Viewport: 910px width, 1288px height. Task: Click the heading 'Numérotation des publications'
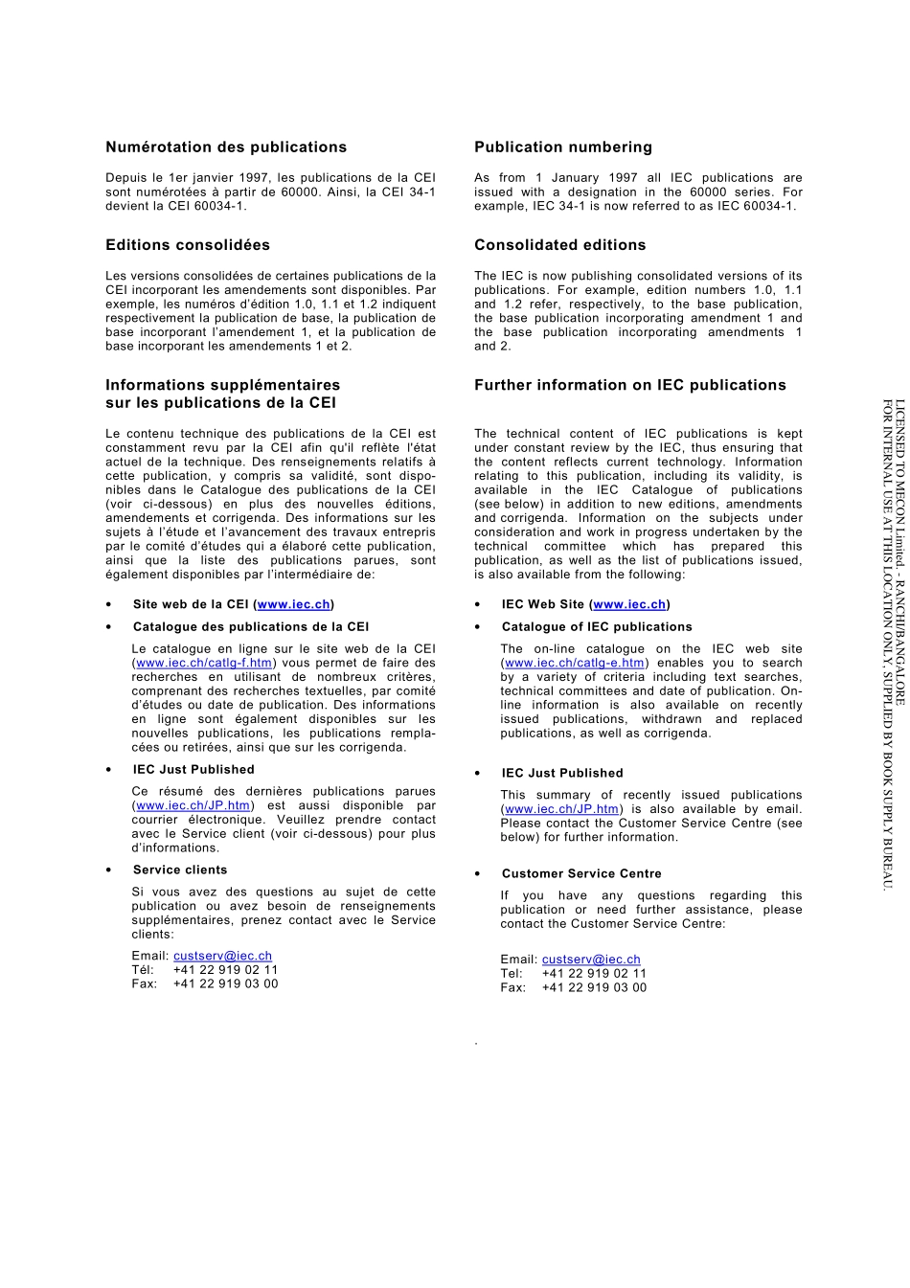tap(226, 147)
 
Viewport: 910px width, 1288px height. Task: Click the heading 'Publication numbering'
tap(563, 147)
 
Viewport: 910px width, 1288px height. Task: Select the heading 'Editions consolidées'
tap(188, 245)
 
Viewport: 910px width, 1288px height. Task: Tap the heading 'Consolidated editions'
tap(560, 245)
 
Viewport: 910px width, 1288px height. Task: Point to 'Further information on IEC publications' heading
tap(630, 385)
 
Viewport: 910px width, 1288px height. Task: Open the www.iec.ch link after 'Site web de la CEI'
tap(294, 604)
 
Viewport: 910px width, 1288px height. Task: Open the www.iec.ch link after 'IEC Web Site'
tap(629, 604)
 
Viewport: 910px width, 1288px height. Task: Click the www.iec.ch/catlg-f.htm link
tap(204, 663)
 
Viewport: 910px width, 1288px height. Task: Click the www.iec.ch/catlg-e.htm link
tap(574, 663)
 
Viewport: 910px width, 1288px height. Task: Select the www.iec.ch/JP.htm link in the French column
tap(193, 805)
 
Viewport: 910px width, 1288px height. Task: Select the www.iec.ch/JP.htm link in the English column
tap(561, 809)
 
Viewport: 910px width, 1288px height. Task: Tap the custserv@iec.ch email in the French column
tap(222, 956)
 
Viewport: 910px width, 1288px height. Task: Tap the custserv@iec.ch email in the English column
tap(591, 960)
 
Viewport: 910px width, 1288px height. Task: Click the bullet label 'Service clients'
tap(180, 870)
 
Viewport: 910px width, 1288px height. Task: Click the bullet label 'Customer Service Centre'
tap(581, 874)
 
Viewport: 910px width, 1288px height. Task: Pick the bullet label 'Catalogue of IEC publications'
tap(597, 627)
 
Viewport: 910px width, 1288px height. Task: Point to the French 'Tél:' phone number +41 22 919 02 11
tap(225, 970)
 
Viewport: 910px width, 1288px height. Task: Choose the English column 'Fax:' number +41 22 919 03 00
tap(594, 988)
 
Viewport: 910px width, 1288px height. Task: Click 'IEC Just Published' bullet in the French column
tap(193, 770)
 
